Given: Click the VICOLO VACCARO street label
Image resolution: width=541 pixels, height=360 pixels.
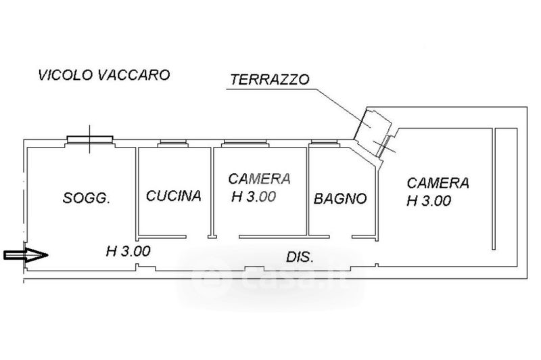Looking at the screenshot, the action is (x=104, y=74).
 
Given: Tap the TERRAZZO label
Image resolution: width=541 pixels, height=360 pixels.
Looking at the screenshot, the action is (x=270, y=78).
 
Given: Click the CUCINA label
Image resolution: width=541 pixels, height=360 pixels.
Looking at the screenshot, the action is (x=174, y=196).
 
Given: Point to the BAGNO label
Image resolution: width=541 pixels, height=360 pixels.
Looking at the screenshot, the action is (x=340, y=199).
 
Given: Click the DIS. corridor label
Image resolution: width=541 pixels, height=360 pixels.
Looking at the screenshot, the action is (x=299, y=258).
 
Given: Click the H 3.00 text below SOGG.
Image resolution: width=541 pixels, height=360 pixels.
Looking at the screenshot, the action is (x=128, y=251).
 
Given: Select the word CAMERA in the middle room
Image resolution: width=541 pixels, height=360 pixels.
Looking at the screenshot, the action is (x=260, y=179).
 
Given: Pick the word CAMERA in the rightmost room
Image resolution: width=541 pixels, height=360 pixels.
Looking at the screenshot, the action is (x=438, y=183).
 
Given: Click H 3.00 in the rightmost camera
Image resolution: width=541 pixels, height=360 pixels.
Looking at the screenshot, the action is (x=429, y=201).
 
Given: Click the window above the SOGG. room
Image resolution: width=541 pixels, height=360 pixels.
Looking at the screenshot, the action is (x=89, y=140).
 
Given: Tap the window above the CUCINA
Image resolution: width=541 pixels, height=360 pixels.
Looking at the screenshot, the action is (x=173, y=143).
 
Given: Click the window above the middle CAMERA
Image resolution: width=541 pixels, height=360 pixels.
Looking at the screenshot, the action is (x=248, y=143).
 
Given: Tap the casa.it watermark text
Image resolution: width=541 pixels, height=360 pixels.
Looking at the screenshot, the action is (x=270, y=279).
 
